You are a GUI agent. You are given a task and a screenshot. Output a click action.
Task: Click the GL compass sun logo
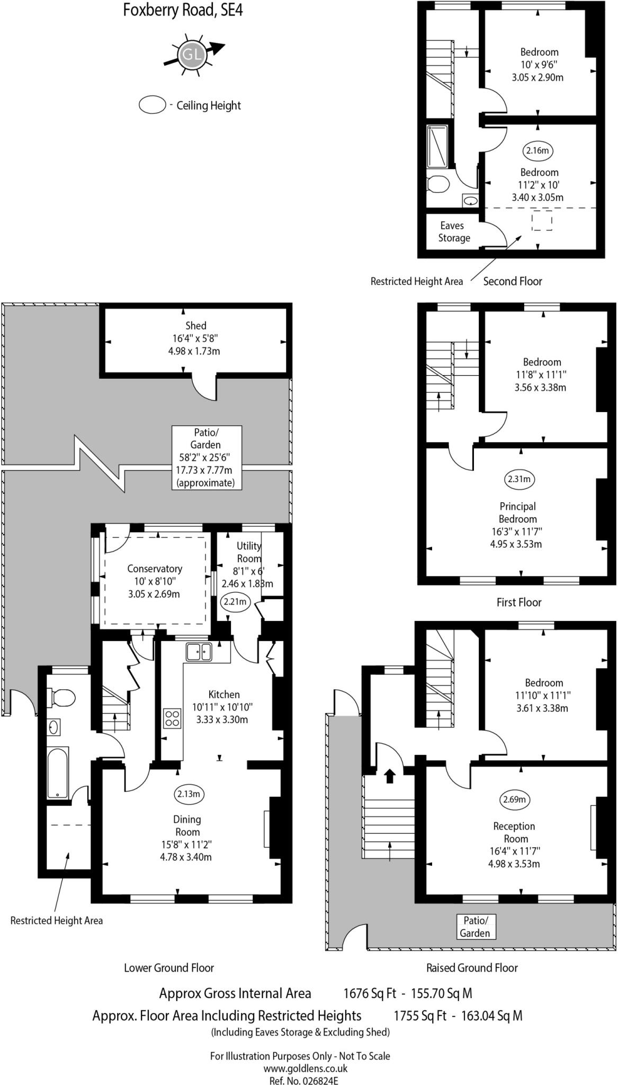191,54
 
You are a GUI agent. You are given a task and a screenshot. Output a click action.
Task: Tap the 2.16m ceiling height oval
538,150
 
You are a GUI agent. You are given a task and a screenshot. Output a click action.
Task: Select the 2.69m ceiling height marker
514,799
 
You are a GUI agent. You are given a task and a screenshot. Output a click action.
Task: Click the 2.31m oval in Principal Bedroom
519,479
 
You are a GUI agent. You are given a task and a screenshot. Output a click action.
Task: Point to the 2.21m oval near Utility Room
235,601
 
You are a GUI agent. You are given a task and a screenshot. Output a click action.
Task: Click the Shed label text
195,326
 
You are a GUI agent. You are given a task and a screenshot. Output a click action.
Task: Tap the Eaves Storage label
453,232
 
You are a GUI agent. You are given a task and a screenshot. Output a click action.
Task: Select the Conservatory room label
155,568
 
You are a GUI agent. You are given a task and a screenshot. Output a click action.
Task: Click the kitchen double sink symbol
199,652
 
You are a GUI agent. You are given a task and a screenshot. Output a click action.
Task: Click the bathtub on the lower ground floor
57,772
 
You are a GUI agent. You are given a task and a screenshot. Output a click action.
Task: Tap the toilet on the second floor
438,184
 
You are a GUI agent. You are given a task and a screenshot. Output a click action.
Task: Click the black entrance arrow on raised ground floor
389,776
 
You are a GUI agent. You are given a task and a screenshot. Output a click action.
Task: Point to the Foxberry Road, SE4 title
183,10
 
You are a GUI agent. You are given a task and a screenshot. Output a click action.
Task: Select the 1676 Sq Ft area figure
369,993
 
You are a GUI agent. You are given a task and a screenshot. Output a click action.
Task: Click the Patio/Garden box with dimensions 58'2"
207,457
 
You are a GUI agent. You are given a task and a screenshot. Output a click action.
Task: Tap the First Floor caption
518,602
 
